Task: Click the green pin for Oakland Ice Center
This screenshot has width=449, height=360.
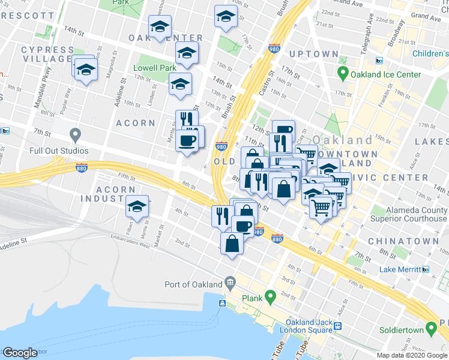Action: coord(343,75)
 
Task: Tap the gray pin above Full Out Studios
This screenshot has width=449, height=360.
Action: coord(75,134)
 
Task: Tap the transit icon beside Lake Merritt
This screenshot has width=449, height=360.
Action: coord(426,269)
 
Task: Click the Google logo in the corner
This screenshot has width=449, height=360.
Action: coord(20,353)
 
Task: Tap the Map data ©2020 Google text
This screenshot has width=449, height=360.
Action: coord(412,355)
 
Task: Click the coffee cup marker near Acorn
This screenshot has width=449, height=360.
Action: coord(187,140)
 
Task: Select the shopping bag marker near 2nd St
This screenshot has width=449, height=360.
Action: coord(232,243)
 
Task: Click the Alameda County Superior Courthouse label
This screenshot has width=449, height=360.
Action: coord(409,215)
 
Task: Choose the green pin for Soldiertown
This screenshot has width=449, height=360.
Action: coord(430,329)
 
